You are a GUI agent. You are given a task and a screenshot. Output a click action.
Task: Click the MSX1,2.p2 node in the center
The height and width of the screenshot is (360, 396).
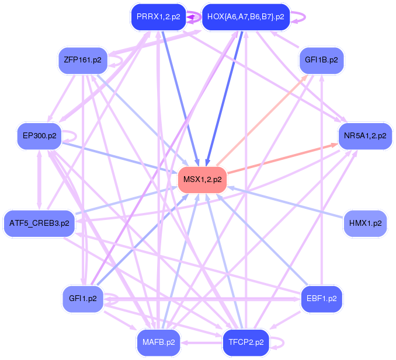(x=202, y=179)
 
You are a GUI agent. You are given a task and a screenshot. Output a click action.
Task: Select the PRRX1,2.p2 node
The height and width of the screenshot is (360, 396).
(x=158, y=17)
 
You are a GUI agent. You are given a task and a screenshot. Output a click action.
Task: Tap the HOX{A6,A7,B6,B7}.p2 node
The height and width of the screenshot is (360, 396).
(x=245, y=17)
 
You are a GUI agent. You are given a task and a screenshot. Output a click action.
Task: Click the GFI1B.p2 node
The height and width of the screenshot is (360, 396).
(x=321, y=60)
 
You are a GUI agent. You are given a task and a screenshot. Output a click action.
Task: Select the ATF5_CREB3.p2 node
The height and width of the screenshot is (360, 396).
(x=39, y=223)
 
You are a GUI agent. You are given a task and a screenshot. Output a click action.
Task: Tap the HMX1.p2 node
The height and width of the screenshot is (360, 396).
(x=365, y=223)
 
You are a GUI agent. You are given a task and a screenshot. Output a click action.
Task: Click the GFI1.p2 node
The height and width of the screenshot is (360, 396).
(x=82, y=299)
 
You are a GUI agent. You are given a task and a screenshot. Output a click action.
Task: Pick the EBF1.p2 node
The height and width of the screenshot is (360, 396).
(x=321, y=299)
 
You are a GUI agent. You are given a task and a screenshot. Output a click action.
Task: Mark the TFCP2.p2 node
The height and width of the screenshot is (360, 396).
(x=246, y=342)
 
